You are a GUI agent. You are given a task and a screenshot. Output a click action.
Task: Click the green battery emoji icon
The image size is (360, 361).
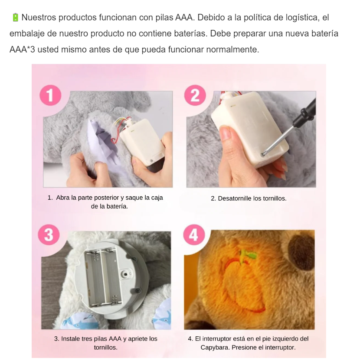point(15,17)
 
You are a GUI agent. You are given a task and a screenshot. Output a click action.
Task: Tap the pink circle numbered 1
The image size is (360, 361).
point(50,95)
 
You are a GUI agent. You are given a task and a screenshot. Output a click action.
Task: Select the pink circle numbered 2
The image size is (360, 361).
point(195,95)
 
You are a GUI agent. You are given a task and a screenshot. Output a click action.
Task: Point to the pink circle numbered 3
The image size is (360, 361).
point(49,235)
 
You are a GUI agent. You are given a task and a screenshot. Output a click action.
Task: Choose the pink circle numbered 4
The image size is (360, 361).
point(194,235)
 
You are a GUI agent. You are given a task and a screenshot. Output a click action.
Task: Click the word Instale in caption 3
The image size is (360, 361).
point(70,338)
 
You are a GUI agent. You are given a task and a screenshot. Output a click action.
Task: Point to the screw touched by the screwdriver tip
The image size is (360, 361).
point(262,155)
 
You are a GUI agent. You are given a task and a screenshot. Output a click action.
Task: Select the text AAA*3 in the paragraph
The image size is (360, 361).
point(22,49)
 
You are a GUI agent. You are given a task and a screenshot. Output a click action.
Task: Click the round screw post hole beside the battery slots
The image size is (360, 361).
point(125,274)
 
